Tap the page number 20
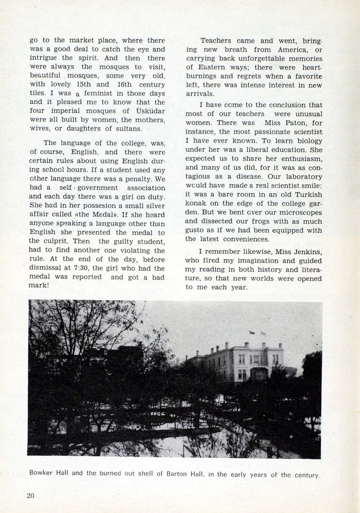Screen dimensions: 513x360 [31, 495]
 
